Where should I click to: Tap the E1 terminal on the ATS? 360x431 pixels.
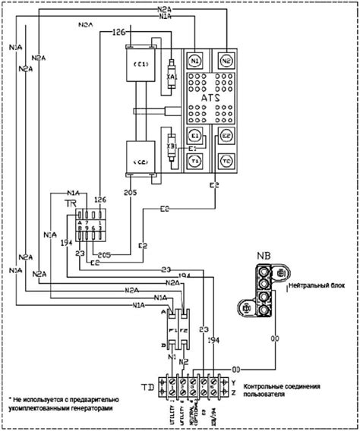click(195, 137)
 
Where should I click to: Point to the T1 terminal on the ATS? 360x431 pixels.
click(195, 161)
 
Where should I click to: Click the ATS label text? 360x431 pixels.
click(211, 98)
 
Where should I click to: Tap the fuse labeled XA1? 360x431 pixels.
click(171, 77)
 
